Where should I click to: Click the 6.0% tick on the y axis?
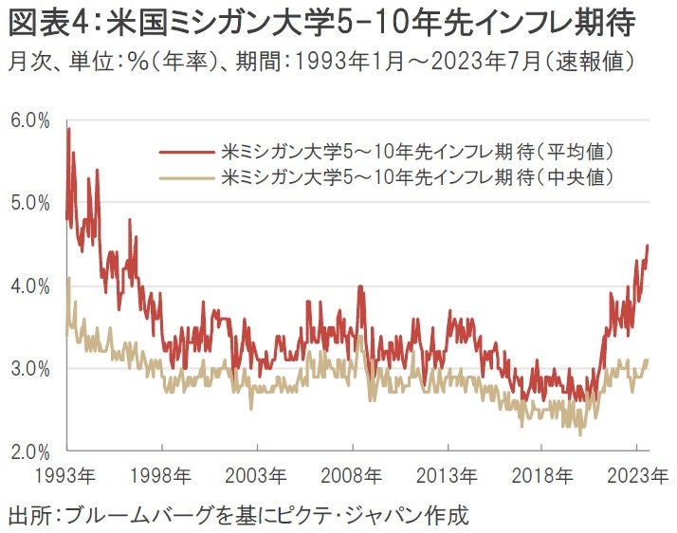click(29, 119)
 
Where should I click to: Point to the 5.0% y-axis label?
click(29, 202)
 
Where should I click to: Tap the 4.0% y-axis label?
click(29, 285)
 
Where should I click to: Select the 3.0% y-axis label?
click(29, 368)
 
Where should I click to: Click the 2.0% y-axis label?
click(29, 450)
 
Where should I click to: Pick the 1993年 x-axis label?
click(66, 474)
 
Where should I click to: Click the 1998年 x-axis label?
click(163, 474)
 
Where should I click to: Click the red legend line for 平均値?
click(186, 152)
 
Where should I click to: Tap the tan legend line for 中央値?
click(186, 176)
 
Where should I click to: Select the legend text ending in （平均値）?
click(418, 152)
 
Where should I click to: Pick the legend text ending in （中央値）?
click(418, 176)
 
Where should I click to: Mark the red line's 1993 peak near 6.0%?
click(68, 128)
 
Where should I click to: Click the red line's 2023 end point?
click(648, 245)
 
